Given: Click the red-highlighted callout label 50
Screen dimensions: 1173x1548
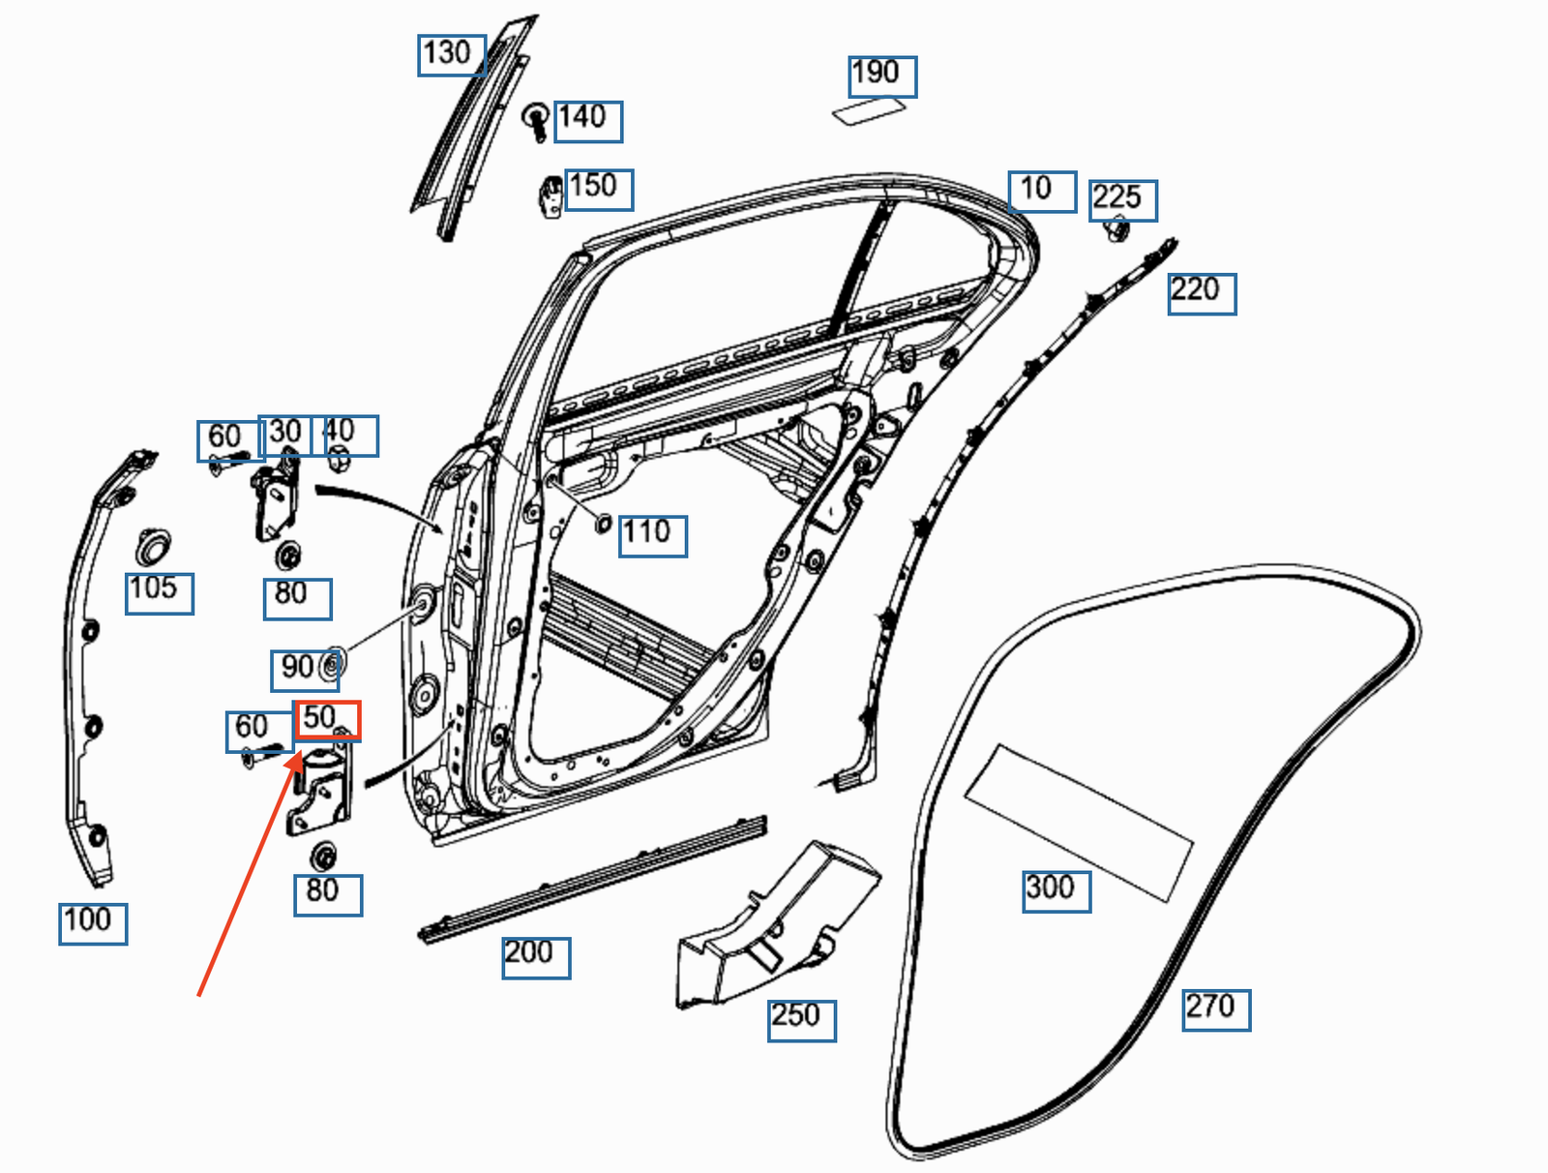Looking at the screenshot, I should [327, 720].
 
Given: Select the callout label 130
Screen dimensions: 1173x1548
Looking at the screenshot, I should [451, 54].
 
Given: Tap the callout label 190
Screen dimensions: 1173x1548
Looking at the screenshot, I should [881, 75].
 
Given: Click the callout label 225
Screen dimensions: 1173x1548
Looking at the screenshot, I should [1122, 200].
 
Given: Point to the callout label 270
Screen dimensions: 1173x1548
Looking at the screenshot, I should [1215, 1008].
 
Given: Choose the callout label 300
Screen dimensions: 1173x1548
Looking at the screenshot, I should [1057, 890].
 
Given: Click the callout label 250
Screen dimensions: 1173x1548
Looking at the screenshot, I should [801, 1019].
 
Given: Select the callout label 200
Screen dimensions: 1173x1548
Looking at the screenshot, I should [535, 956].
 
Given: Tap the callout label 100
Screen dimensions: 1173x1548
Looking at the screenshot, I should [92, 922].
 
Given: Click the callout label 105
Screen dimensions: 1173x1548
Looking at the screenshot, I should [159, 591].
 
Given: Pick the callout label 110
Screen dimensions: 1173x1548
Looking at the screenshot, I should [652, 534].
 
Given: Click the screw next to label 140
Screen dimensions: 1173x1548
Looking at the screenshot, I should [536, 120].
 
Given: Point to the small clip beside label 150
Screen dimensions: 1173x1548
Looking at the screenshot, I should [551, 196].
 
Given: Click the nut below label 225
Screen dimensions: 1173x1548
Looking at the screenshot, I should [1116, 231].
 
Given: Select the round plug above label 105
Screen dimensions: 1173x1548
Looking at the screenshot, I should [152, 548].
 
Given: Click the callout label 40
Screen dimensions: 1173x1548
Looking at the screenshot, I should [344, 435].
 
